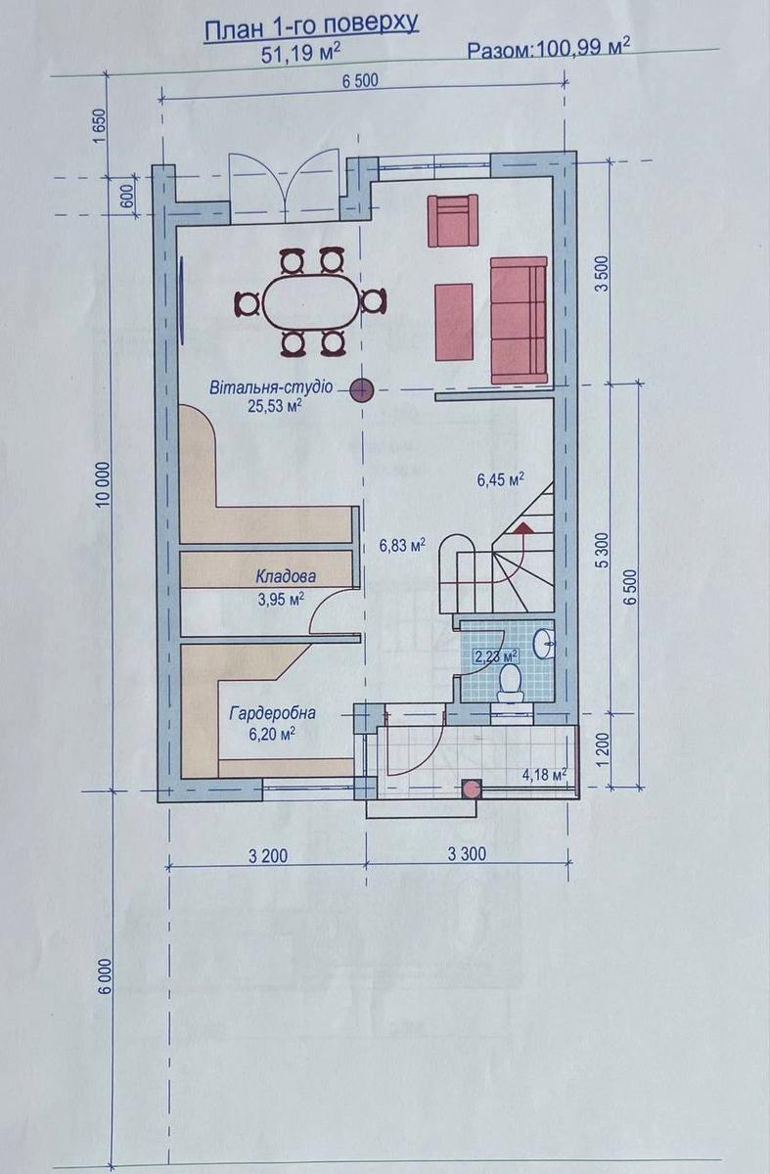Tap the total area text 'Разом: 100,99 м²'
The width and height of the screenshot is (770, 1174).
pyautogui.click(x=548, y=49)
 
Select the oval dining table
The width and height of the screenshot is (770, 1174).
pyautogui.click(x=312, y=303)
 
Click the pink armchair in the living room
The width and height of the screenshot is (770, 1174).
pyautogui.click(x=453, y=220)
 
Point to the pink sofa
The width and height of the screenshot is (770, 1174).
pyautogui.click(x=519, y=320)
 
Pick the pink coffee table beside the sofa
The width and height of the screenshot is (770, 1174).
pyautogui.click(x=454, y=322)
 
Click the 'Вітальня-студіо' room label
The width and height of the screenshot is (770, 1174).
pyautogui.click(x=271, y=388)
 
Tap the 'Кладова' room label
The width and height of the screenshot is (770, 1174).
pyautogui.click(x=286, y=576)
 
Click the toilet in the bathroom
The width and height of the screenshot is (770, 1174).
pyautogui.click(x=510, y=684)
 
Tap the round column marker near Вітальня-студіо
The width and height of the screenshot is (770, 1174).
pyautogui.click(x=362, y=390)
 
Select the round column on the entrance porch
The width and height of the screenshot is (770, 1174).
pyautogui.click(x=471, y=789)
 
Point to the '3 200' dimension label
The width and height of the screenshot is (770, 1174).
pyautogui.click(x=268, y=856)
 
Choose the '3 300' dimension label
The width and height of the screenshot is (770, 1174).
pyautogui.click(x=467, y=854)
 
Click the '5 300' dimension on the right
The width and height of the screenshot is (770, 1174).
pyautogui.click(x=603, y=550)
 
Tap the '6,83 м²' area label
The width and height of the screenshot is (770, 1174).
pyautogui.click(x=402, y=545)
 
